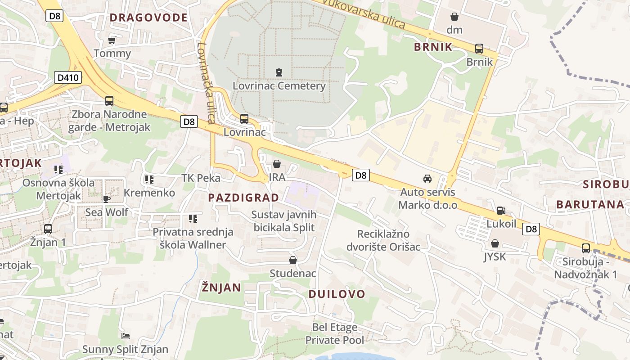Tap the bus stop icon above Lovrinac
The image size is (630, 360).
pyautogui.click(x=244, y=119)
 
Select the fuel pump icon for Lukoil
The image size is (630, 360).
pyautogui.click(x=501, y=210)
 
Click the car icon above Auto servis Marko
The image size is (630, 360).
pyautogui.click(x=427, y=179)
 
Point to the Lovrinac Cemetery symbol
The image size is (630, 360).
pyautogui.click(x=279, y=72)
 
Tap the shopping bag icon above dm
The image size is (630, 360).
pyautogui.click(x=455, y=17)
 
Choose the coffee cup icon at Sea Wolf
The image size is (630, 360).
pyautogui.click(x=106, y=198)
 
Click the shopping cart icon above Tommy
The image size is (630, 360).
pyautogui.click(x=112, y=40)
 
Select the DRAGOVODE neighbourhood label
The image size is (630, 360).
pyautogui.click(x=148, y=18)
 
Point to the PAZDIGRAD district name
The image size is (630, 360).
pyautogui.click(x=243, y=198)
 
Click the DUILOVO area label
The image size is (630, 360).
pyautogui.click(x=337, y=294)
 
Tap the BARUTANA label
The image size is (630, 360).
pyautogui.click(x=590, y=204)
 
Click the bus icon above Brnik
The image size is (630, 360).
pyautogui.click(x=479, y=49)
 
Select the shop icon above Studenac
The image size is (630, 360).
pyautogui.click(x=293, y=260)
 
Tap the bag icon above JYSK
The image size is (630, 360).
pyautogui.click(x=495, y=243)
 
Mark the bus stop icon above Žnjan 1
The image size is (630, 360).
pyautogui.click(x=48, y=229)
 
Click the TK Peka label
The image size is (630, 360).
pyautogui.click(x=201, y=178)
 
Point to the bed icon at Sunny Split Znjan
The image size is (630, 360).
pyautogui.click(x=126, y=336)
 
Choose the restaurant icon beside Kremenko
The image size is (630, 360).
pyautogui.click(x=149, y=180)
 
